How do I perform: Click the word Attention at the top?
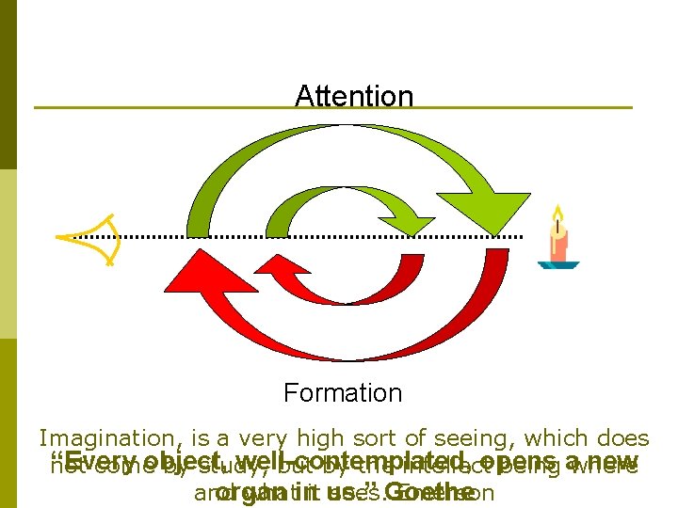(354, 96)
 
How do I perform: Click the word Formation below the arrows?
(343, 392)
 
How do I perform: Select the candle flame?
(557, 215)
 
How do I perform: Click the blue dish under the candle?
(558, 265)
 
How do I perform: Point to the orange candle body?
(558, 245)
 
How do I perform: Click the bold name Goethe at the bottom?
(430, 492)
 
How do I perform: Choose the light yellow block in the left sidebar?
(8, 254)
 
